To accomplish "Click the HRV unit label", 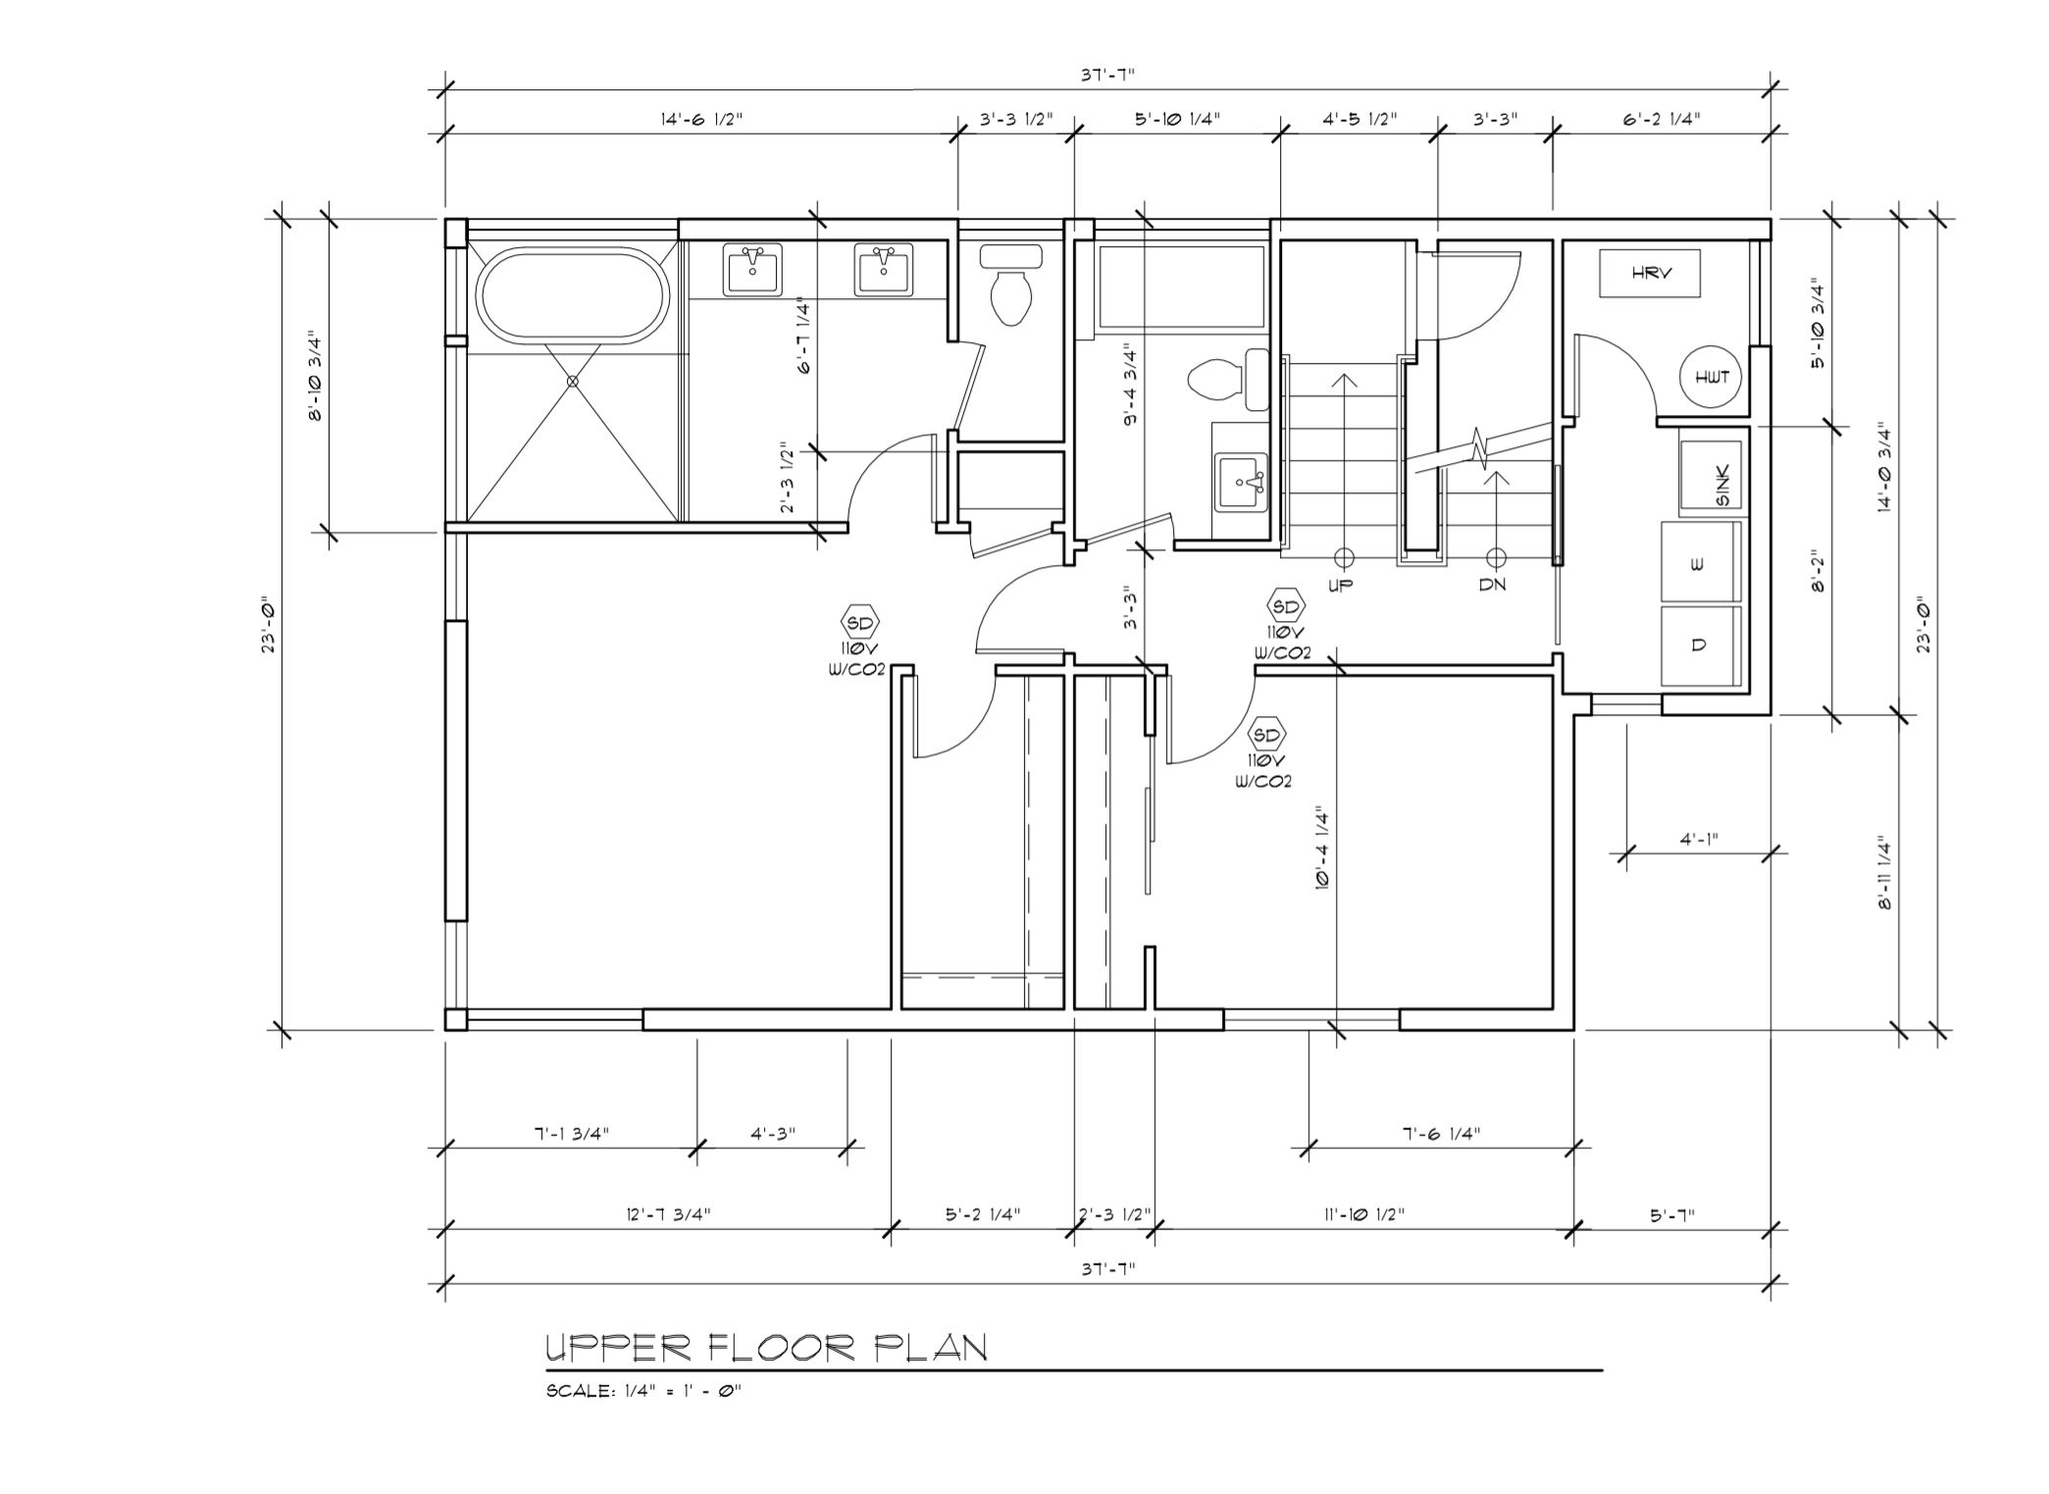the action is (1652, 274).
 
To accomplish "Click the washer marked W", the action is (1700, 563).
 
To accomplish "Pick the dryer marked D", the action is (1700, 645).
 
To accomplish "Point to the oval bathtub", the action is (574, 294).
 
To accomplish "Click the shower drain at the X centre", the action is (573, 382).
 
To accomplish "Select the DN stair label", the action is (1493, 585).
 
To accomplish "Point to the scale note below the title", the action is (644, 1391).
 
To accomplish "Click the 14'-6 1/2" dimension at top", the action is (701, 120).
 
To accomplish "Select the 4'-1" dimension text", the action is (1699, 840).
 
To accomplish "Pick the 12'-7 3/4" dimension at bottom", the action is (669, 1214).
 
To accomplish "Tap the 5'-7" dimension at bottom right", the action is (1672, 1214).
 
